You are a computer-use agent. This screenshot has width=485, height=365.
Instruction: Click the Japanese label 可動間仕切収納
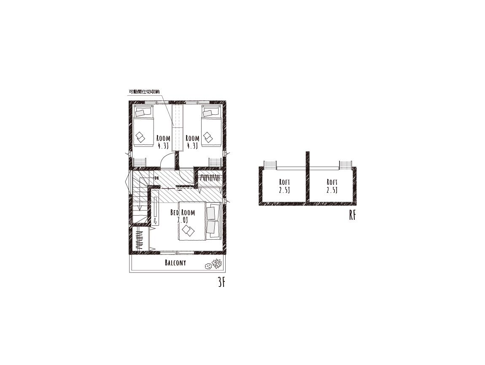click(144, 92)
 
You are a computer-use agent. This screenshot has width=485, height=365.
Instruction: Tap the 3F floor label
click(221, 282)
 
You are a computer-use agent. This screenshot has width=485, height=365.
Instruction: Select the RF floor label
click(352, 215)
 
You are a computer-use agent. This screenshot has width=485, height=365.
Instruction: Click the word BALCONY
click(175, 263)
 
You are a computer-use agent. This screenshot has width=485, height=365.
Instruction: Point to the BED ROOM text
click(183, 212)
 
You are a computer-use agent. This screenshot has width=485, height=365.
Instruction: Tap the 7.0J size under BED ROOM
click(183, 220)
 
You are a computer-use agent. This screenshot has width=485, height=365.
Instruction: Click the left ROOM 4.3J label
click(163, 142)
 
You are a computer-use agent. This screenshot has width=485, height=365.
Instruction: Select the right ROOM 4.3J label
click(192, 142)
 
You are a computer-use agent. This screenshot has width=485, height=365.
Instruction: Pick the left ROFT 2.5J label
click(284, 186)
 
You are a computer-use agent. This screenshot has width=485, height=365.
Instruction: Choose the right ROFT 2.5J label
click(332, 186)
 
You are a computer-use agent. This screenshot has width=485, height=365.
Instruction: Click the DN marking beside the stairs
click(156, 178)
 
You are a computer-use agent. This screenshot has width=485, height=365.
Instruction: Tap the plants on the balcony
click(213, 264)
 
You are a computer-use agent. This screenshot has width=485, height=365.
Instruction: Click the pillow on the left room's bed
click(140, 113)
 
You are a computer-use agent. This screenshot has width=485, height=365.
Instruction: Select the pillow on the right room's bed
click(207, 113)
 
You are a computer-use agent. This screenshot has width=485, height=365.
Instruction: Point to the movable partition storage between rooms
click(178, 128)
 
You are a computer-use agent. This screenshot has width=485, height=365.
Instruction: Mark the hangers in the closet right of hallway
click(210, 178)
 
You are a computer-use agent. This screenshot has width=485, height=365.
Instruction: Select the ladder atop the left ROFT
click(270, 165)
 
